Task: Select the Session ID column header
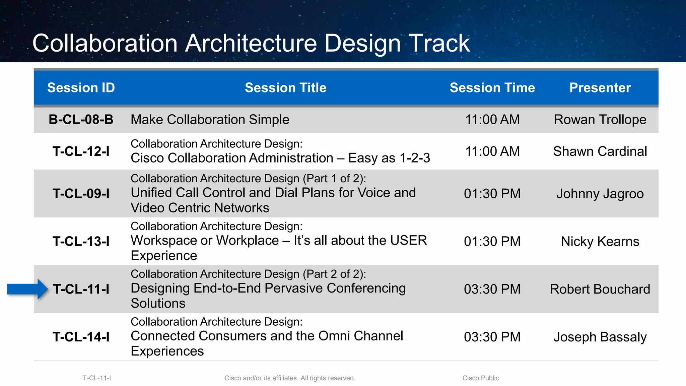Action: tap(81, 88)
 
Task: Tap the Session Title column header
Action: tap(285, 88)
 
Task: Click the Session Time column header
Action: tap(492, 88)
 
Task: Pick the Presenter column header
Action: tap(600, 88)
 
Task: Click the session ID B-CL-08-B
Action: tap(81, 120)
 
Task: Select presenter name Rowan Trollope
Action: tap(600, 120)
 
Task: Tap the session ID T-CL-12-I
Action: tap(81, 151)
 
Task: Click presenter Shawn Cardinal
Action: tap(600, 151)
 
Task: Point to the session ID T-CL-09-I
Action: tap(81, 194)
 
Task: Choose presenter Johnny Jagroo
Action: tap(600, 194)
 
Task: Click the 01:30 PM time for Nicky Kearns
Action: tap(492, 241)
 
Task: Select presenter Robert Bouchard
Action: tap(600, 289)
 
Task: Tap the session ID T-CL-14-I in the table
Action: tap(81, 337)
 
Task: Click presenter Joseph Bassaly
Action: tap(600, 337)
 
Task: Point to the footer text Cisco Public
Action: tap(480, 378)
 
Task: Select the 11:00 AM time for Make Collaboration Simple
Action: tap(492, 120)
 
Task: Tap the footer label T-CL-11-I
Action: tap(97, 378)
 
